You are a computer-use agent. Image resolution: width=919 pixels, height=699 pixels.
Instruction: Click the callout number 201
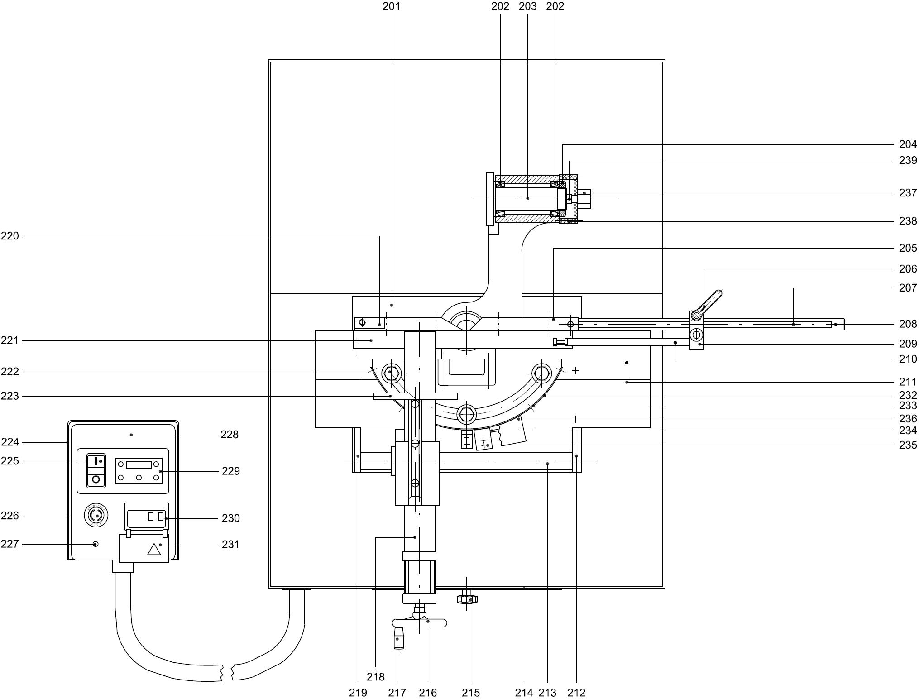(391, 6)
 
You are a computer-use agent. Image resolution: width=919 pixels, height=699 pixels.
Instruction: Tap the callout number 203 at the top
(527, 6)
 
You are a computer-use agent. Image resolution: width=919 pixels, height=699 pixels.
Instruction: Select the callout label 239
(908, 160)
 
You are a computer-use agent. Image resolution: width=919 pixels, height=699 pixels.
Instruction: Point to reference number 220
(10, 236)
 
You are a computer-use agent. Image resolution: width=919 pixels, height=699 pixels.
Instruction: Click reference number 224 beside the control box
(10, 442)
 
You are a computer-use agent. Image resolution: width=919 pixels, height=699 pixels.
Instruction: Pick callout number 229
(230, 471)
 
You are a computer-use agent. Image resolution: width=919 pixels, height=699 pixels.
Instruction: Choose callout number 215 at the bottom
(471, 693)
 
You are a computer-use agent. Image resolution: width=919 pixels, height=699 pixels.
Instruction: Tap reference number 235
(908, 445)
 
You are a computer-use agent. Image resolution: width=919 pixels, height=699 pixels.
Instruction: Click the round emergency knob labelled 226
(96, 515)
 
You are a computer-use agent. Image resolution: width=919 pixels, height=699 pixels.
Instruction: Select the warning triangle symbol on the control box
(154, 550)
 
